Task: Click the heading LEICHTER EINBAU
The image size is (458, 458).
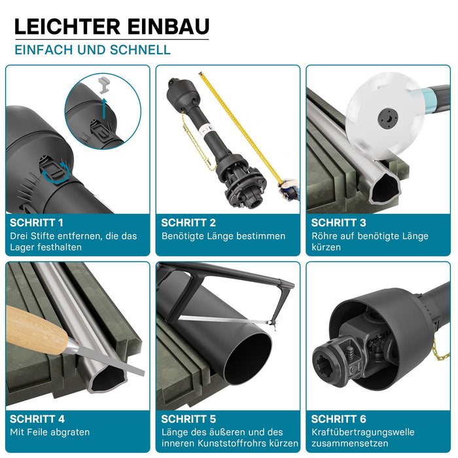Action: click(112, 27)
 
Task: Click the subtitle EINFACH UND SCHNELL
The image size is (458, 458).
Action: click(93, 50)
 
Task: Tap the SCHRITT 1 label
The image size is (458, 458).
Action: click(37, 223)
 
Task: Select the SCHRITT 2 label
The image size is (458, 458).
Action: click(188, 223)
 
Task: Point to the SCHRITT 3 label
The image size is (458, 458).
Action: click(338, 223)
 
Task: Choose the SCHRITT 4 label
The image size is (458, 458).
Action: click(37, 419)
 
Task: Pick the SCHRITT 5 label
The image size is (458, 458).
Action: click(188, 419)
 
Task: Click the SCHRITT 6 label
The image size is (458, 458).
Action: click(338, 419)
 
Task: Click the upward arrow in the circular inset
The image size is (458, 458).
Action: click(104, 109)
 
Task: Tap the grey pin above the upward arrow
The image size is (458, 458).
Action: click(104, 85)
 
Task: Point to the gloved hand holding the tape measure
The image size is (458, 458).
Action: click(289, 189)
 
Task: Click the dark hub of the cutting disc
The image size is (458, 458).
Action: click(388, 118)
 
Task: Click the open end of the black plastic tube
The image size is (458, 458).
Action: click(247, 359)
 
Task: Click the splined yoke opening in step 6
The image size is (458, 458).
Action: click(326, 361)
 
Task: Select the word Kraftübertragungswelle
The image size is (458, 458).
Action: click(363, 432)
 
